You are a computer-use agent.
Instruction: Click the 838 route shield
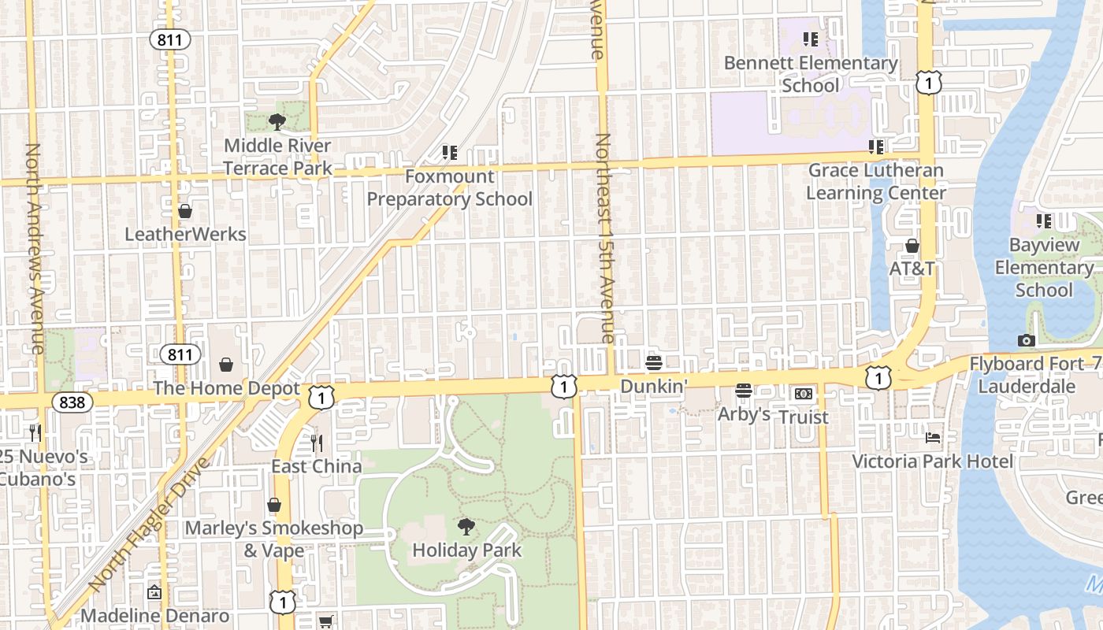point(72,402)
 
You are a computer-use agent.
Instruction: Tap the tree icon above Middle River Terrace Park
point(277,121)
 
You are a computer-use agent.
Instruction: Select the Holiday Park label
point(467,550)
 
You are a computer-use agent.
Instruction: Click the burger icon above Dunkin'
point(653,363)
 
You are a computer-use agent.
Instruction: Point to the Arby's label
point(743,413)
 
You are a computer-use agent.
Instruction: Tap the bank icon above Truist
point(803,393)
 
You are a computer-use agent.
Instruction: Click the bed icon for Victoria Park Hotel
point(933,437)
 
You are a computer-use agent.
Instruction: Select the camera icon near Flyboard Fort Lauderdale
point(1026,340)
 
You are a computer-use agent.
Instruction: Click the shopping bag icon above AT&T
point(912,246)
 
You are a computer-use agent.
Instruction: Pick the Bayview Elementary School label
point(1044,268)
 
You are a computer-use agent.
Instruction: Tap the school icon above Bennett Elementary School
point(810,39)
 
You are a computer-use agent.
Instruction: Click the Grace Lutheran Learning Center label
point(876,181)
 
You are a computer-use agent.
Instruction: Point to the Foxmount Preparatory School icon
point(449,152)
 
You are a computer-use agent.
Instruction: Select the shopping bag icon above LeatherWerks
point(185,211)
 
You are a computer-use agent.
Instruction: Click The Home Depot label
point(226,388)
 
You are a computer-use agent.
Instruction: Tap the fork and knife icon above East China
point(317,443)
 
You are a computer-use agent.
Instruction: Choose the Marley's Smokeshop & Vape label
point(274,539)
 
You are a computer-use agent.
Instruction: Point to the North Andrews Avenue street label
point(35,248)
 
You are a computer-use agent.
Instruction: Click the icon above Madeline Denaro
point(155,592)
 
